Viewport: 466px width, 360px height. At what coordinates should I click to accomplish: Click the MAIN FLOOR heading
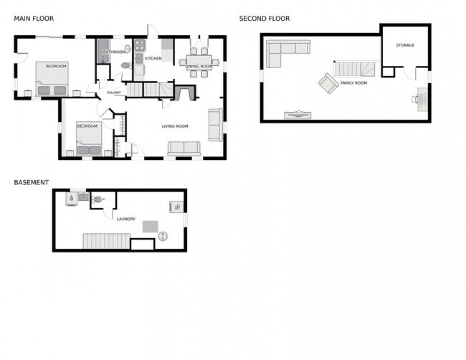34,19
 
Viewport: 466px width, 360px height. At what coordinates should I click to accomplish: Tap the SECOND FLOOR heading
265,19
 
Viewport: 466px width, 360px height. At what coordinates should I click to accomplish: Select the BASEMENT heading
32,182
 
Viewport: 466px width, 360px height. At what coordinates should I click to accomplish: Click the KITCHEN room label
153,58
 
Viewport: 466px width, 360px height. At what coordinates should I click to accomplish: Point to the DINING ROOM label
199,66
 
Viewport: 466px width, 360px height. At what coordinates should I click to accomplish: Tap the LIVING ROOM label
175,126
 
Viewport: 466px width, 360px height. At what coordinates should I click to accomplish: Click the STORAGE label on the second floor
405,45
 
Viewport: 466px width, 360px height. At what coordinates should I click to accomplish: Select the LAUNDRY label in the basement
126,219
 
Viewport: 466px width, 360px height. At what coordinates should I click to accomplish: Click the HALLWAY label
114,93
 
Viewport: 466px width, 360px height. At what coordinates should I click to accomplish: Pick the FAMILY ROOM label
353,83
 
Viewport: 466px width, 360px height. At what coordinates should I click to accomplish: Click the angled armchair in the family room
328,84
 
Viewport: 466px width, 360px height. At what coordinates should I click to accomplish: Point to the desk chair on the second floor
417,100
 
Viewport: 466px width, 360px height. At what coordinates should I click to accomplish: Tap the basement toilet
97,199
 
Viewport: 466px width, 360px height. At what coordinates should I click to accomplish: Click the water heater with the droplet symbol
72,199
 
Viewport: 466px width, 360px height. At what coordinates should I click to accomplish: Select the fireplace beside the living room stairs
184,93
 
